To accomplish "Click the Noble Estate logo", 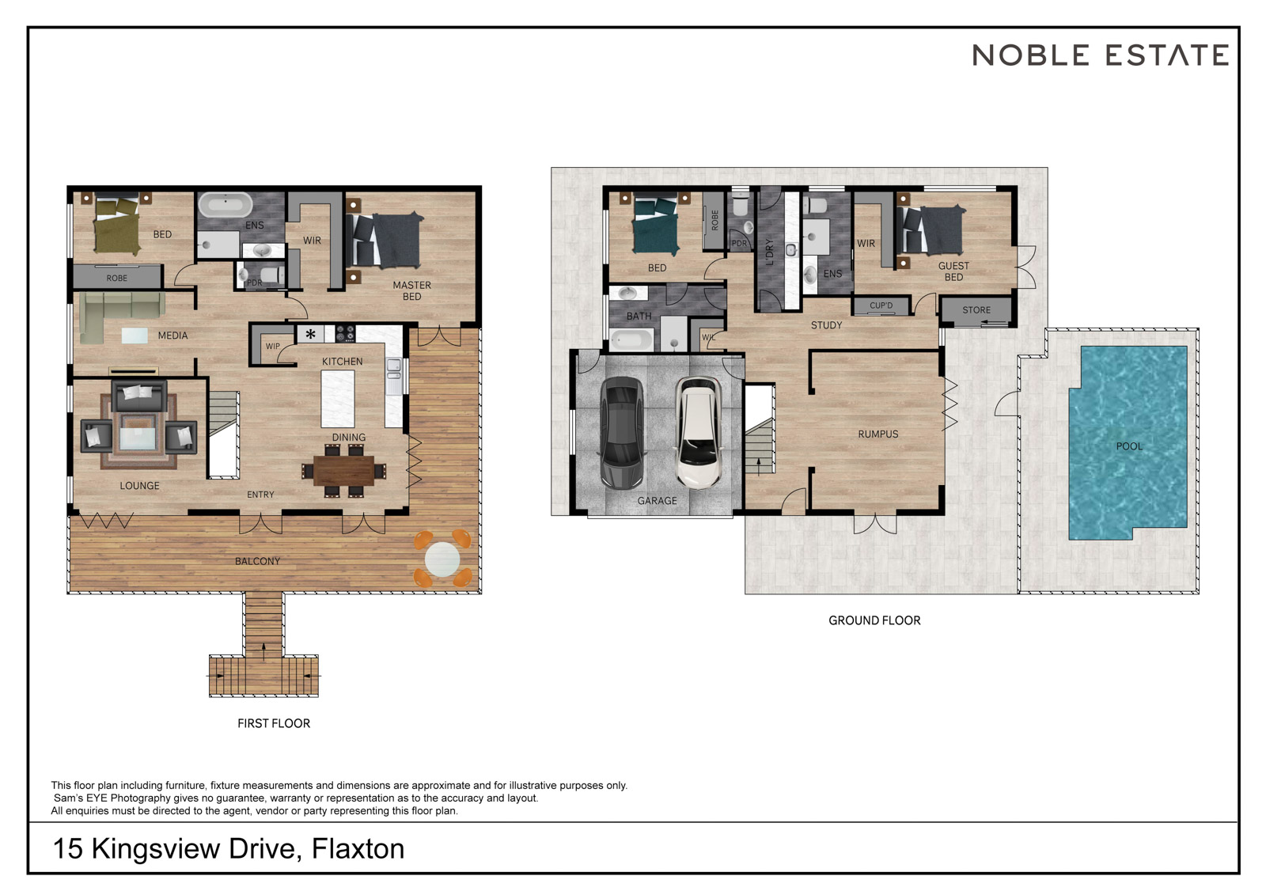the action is pyautogui.click(x=1101, y=55).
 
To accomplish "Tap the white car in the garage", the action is pyautogui.click(x=699, y=433).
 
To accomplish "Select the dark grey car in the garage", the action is pyautogui.click(x=622, y=433).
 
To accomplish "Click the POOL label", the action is pyautogui.click(x=1129, y=446).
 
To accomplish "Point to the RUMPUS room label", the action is pyautogui.click(x=877, y=434).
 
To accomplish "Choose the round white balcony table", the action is pyautogui.click(x=442, y=559).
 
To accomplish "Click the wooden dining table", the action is pyautogui.click(x=343, y=470).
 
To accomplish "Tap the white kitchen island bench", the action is pyautogui.click(x=338, y=399).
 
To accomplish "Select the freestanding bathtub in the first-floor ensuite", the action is pyautogui.click(x=225, y=205).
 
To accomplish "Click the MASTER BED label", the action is pyautogui.click(x=412, y=290).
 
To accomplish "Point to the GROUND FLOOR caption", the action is pyautogui.click(x=874, y=620).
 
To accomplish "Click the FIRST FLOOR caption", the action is pyautogui.click(x=274, y=723).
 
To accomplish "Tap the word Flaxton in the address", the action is pyautogui.click(x=358, y=848).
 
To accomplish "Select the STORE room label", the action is pyautogui.click(x=976, y=310).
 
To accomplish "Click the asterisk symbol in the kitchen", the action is pyautogui.click(x=310, y=334).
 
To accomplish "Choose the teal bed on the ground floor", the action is pyautogui.click(x=656, y=225).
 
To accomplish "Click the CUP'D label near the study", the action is pyautogui.click(x=881, y=306).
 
